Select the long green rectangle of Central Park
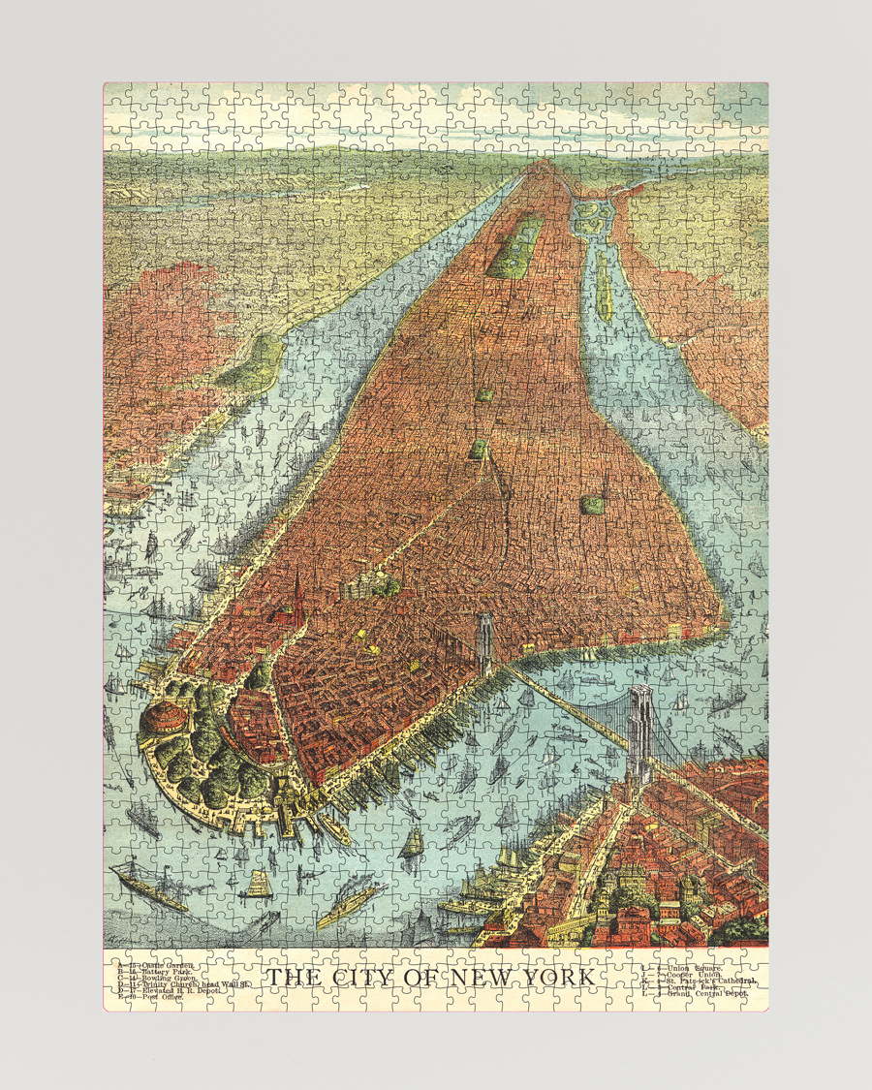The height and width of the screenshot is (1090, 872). pyautogui.click(x=514, y=246)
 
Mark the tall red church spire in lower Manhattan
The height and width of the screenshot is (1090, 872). pyautogui.click(x=297, y=591)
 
